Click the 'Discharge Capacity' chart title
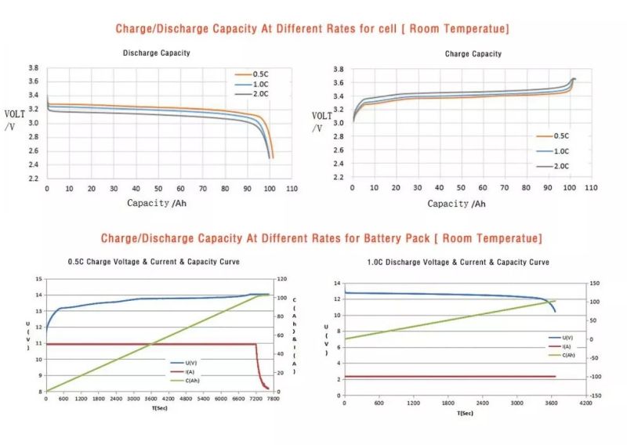156,53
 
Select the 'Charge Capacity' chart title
473,54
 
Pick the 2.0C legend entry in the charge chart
561,166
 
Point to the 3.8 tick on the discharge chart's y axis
34,69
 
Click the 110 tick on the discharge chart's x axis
292,189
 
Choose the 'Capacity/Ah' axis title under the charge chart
456,204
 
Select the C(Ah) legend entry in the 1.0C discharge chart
564,355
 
